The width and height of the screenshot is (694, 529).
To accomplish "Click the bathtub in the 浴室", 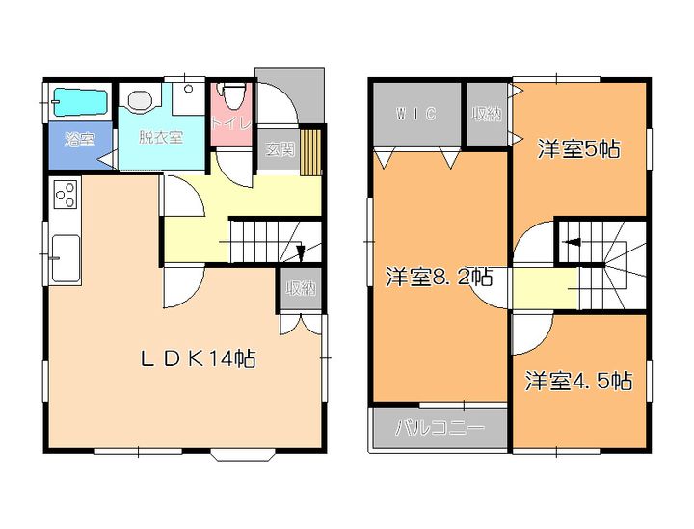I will tap(77, 100).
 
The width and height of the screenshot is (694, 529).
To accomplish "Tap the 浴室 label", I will tap(79, 139).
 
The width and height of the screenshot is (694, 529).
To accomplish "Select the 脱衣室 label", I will tap(160, 137).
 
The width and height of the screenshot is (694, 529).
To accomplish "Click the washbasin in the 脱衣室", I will tap(139, 98).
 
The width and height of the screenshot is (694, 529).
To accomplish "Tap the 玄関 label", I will tap(280, 149).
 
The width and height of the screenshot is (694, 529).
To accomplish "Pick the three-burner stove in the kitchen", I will tap(65, 197).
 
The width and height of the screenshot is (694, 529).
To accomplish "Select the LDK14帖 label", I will tap(199, 359).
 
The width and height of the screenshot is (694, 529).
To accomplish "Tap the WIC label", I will tap(416, 114).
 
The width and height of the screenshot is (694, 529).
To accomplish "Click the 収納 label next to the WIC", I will tap(487, 114).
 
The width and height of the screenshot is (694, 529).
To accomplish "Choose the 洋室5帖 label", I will tap(578, 148).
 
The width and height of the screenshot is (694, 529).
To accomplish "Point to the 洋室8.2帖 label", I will tap(439, 278).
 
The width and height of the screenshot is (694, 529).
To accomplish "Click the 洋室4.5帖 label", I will tap(578, 381).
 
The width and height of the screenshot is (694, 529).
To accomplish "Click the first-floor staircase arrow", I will tap(301, 252).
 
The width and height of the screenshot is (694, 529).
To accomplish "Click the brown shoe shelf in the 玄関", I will tap(309, 152).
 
